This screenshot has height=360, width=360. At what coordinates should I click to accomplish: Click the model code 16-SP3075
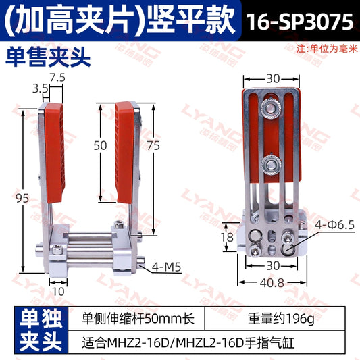[x=299, y=21]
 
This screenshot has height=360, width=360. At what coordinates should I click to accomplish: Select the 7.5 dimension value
[x=57, y=77]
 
